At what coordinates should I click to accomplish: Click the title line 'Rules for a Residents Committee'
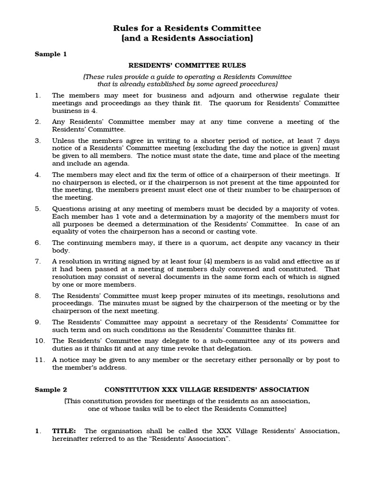pyautogui.click(x=186, y=29)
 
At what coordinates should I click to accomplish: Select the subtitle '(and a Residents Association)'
pyautogui.click(x=186, y=39)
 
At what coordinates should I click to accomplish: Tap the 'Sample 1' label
pyautogui.click(x=51, y=54)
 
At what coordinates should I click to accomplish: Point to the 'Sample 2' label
pyautogui.click(x=51, y=389)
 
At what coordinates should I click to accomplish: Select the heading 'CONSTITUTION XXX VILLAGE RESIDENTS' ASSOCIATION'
pyautogui.click(x=207, y=389)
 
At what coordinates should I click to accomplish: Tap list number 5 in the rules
pyautogui.click(x=38, y=209)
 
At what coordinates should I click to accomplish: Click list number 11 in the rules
pyautogui.click(x=40, y=360)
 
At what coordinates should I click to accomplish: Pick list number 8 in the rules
pyautogui.click(x=38, y=295)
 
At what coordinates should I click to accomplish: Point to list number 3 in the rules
pyautogui.click(x=38, y=141)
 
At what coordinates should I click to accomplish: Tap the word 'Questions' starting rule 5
pyautogui.click(x=68, y=209)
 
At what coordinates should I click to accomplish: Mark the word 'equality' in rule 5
pyautogui.click(x=66, y=232)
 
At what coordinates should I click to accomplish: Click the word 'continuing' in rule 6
pyautogui.click(x=83, y=243)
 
